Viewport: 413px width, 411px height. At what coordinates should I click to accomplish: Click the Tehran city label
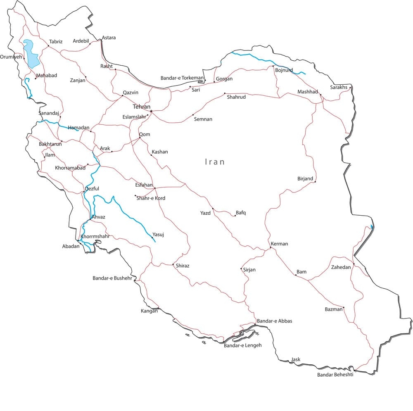(x=141, y=107)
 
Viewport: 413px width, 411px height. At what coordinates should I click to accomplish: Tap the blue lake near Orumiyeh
(x=31, y=54)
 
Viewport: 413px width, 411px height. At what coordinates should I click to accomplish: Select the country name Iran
(x=215, y=162)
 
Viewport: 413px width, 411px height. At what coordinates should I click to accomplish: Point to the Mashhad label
(x=308, y=92)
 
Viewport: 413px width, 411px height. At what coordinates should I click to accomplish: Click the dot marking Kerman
(x=271, y=247)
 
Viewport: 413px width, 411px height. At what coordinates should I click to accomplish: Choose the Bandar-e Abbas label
(x=274, y=321)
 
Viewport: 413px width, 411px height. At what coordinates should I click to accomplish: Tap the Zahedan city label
(x=341, y=267)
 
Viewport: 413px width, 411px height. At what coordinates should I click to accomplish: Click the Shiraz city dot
(x=173, y=264)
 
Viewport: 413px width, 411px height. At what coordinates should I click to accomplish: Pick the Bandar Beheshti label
(x=335, y=375)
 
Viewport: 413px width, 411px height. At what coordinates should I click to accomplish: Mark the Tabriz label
(x=56, y=42)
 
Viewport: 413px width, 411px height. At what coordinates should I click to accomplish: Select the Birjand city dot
(x=315, y=181)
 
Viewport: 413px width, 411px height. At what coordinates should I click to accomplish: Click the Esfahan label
(x=144, y=185)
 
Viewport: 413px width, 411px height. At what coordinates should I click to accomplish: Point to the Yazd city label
(x=205, y=213)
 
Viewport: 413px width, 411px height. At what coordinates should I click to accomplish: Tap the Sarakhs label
(x=339, y=87)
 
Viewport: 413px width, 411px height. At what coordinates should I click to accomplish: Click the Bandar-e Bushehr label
(x=112, y=278)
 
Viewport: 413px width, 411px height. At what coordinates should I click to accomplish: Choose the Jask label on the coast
(x=296, y=359)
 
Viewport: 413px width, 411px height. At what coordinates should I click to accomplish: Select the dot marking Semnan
(x=193, y=115)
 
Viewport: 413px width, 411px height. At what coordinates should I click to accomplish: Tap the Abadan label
(x=71, y=246)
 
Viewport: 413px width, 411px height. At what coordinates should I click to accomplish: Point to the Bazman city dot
(x=344, y=307)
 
